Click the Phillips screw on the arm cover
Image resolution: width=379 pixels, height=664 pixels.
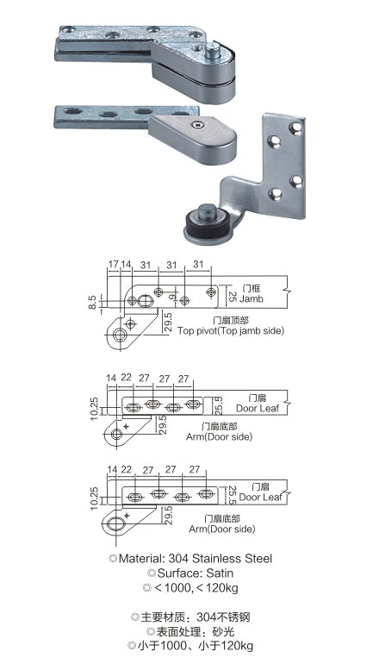click(x=197, y=124)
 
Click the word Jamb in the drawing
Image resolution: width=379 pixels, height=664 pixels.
click(x=252, y=298)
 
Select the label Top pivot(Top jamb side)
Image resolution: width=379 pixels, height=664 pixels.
click(x=231, y=331)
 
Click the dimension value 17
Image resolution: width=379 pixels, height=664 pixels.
click(x=114, y=264)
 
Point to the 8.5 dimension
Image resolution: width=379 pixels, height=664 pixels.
click(x=93, y=303)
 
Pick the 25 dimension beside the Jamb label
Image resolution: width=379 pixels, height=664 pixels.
click(x=232, y=296)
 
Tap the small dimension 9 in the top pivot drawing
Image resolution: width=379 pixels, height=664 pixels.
click(x=171, y=298)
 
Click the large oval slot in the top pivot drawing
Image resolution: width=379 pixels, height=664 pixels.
click(x=145, y=301)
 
